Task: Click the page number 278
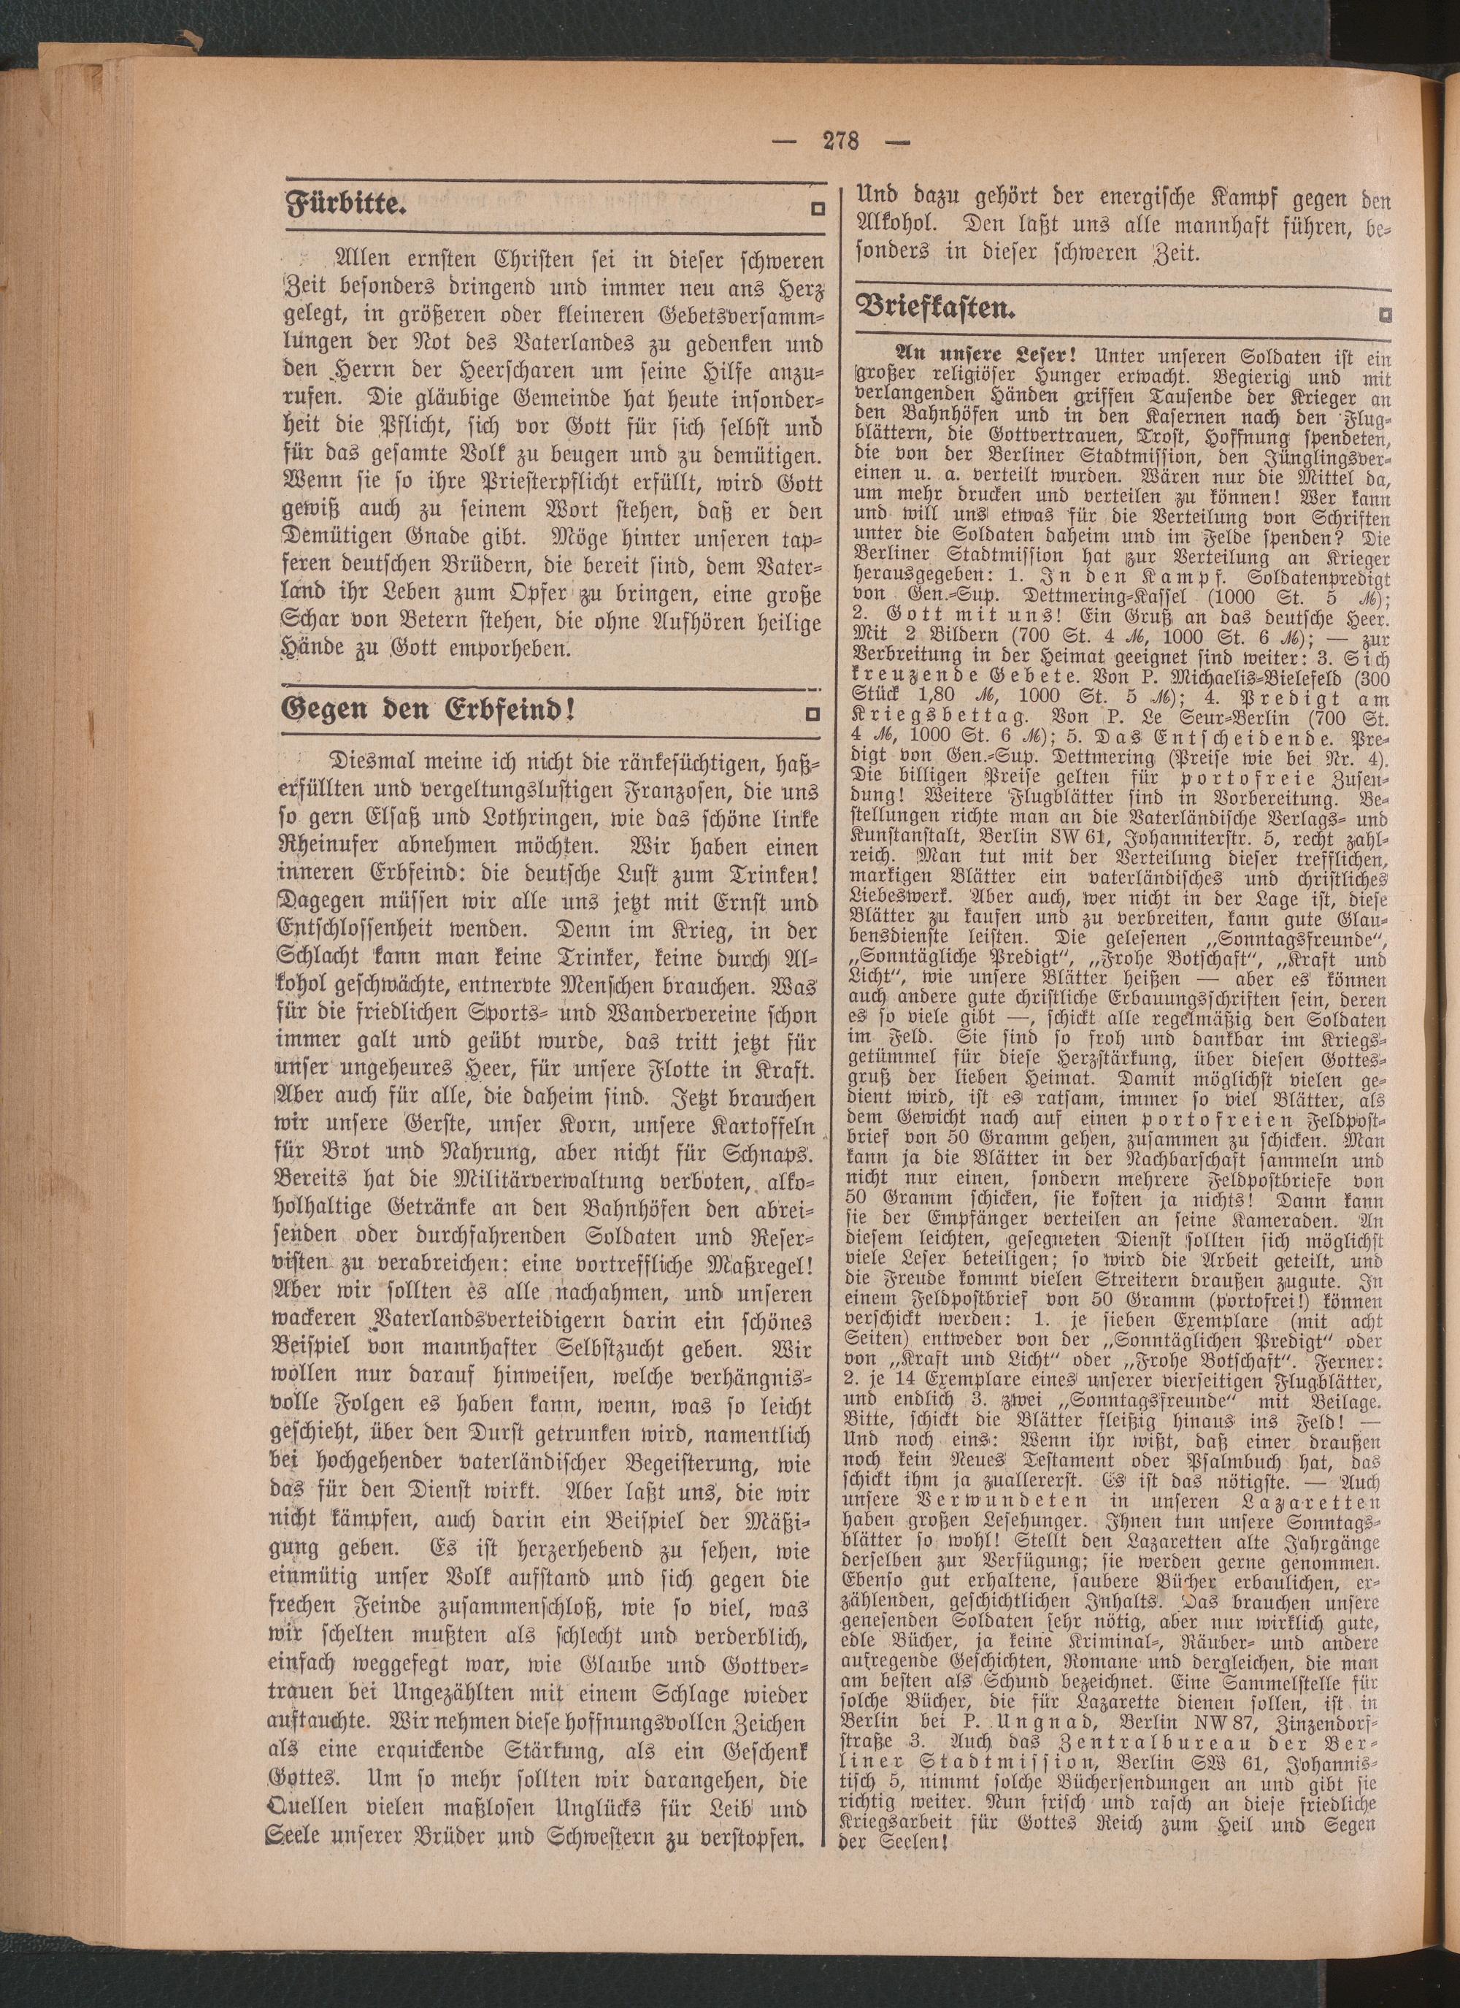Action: (839, 140)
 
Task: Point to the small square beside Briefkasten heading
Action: (1384, 313)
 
